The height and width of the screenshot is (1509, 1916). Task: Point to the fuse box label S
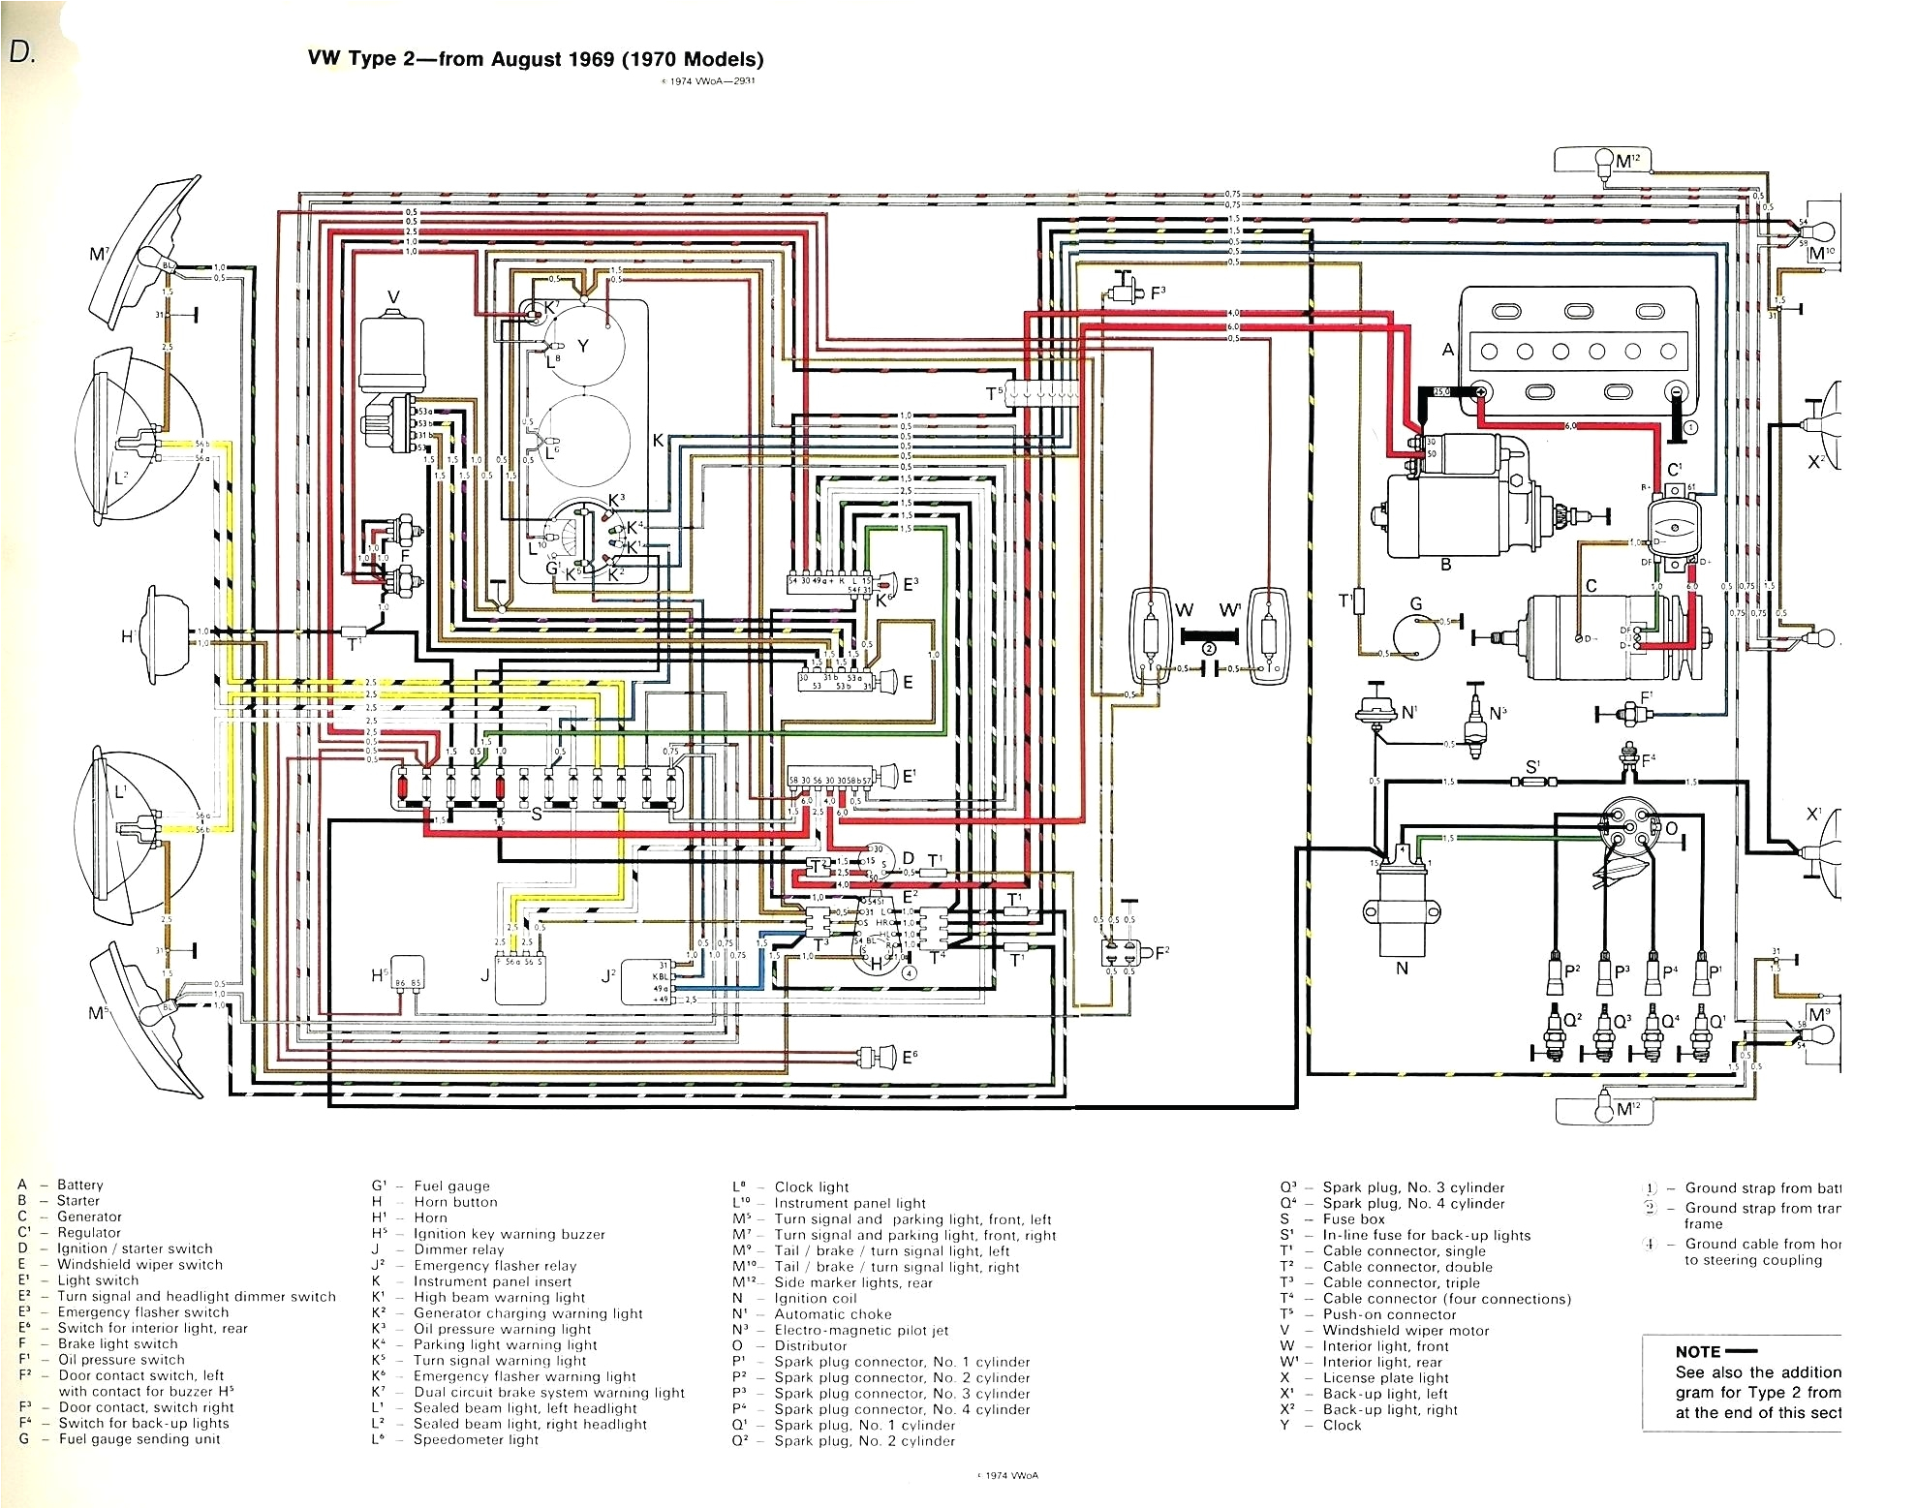(536, 815)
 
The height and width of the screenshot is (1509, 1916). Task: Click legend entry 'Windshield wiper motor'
(1406, 1330)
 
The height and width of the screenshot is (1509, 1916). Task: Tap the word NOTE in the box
(1698, 1351)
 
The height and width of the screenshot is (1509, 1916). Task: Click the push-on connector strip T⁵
(1042, 394)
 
